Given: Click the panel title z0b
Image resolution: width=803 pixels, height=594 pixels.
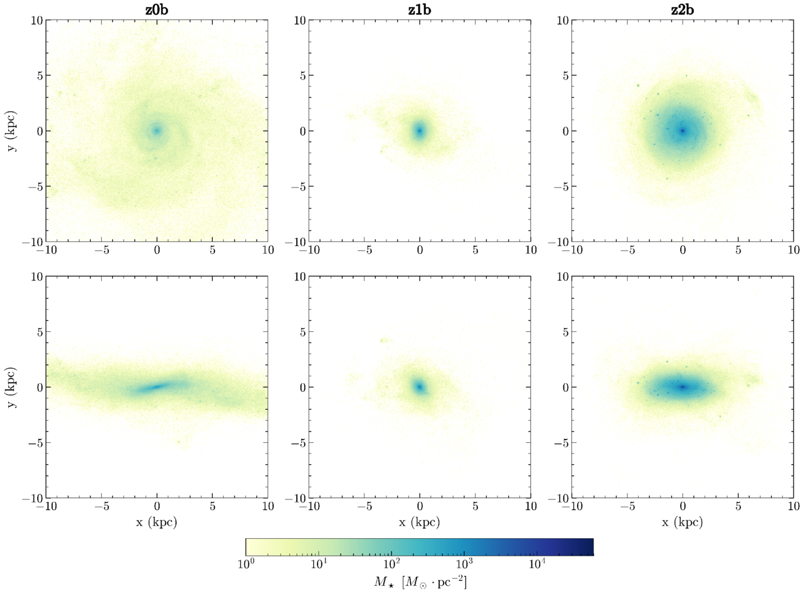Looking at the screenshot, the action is tap(157, 10).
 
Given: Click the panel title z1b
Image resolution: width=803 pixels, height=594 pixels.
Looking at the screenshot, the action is tap(420, 10).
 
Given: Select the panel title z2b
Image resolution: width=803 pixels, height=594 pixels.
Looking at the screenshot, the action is tap(683, 10).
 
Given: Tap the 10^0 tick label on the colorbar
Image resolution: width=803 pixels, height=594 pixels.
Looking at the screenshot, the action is tap(246, 564).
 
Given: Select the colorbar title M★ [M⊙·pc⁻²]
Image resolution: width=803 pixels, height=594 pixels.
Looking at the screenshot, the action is tap(420, 582).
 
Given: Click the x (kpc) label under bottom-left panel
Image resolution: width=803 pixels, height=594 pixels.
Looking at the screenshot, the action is tap(157, 522).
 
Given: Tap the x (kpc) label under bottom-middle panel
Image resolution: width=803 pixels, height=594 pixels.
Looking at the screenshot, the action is tap(420, 522).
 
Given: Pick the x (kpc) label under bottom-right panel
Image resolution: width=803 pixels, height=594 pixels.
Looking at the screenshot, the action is tap(683, 522).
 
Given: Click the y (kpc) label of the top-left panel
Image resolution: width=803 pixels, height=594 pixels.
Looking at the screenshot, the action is tap(12, 130).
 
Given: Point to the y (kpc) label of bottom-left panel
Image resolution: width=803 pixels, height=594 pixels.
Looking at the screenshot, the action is tap(12, 387).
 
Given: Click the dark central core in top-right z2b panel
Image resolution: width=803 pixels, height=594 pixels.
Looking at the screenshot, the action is tap(683, 130).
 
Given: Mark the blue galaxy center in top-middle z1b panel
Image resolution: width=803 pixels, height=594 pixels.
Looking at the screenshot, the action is tap(420, 130).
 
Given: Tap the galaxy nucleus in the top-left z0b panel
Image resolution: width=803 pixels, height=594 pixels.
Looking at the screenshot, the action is tap(157, 130).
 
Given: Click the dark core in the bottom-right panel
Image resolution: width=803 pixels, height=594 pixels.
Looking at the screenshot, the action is tap(683, 387).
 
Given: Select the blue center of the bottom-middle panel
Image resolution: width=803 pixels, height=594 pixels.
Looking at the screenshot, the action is tap(420, 387).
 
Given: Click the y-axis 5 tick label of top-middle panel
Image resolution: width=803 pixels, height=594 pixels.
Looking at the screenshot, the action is tap(303, 75).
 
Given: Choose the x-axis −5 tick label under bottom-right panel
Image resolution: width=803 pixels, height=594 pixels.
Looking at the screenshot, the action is tap(628, 506).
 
